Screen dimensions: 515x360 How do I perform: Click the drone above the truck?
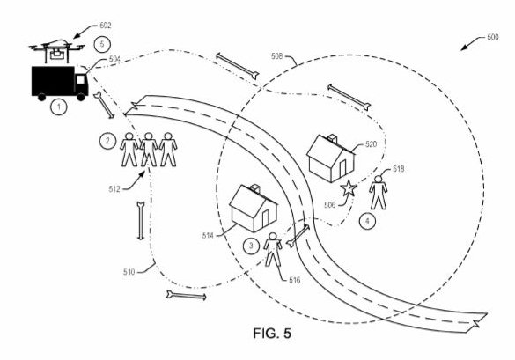(57, 51)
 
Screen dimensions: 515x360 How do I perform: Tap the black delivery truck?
(60, 83)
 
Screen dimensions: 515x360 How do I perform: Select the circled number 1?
(59, 107)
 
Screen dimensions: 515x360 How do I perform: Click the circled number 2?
(107, 142)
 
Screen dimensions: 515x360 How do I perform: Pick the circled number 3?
(251, 246)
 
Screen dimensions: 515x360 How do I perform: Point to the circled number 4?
(367, 221)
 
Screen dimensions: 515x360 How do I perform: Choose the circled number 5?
(102, 44)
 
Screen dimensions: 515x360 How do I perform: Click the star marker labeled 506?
(348, 188)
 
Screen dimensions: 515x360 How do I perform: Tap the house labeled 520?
(330, 158)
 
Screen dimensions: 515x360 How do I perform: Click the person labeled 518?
(379, 192)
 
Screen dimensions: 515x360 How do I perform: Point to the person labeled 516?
(273, 250)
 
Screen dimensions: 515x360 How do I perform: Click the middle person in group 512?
(149, 150)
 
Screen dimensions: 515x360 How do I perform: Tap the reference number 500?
(492, 37)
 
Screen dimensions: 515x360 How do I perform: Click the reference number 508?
(277, 56)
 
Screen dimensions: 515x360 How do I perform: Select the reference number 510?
(129, 272)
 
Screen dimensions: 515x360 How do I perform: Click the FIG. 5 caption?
(272, 334)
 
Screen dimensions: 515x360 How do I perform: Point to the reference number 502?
(105, 26)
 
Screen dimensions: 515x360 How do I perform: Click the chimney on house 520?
(333, 138)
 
